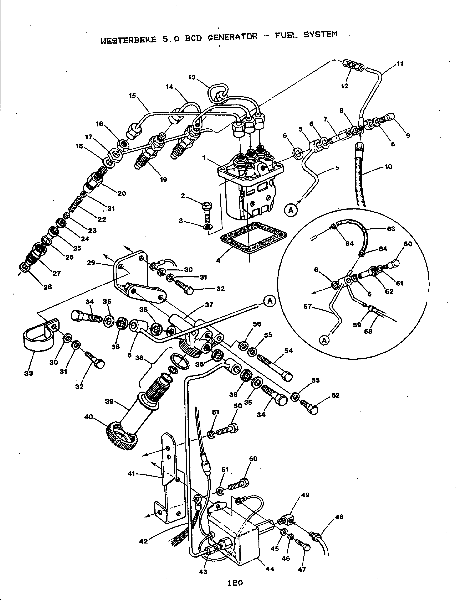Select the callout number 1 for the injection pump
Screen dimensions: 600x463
204,157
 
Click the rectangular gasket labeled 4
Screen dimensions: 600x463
254,238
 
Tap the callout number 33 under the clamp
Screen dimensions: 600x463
29,373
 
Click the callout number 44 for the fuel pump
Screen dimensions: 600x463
270,569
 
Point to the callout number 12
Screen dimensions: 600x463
344,86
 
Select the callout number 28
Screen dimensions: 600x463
48,287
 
